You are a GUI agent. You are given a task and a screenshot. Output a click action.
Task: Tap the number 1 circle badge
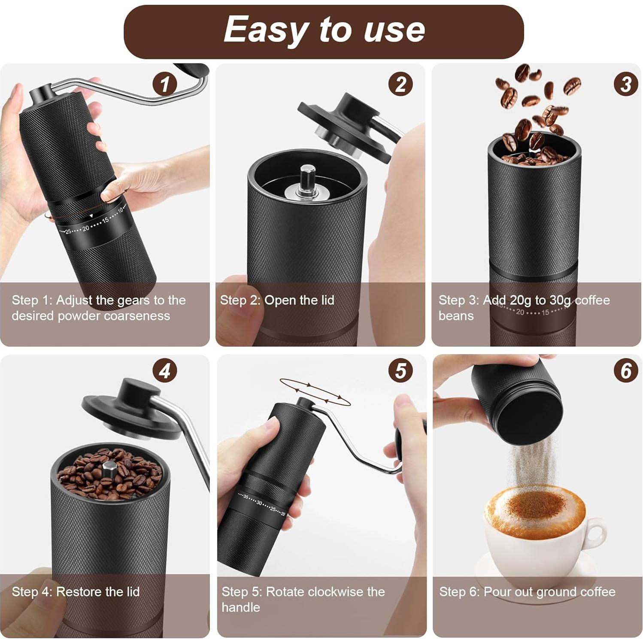coord(165,84)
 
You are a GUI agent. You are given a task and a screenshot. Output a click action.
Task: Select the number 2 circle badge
coord(400,84)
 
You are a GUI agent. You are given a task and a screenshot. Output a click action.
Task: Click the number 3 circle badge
coord(625,84)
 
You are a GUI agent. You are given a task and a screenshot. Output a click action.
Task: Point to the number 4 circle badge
coord(165,371)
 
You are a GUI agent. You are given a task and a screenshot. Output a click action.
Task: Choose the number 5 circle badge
coord(400,371)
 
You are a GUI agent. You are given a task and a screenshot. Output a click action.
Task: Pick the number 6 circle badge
coord(625,371)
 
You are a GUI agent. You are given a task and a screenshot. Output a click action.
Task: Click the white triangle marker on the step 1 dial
coord(91,215)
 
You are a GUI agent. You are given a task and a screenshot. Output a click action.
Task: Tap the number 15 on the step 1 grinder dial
coord(106,221)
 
